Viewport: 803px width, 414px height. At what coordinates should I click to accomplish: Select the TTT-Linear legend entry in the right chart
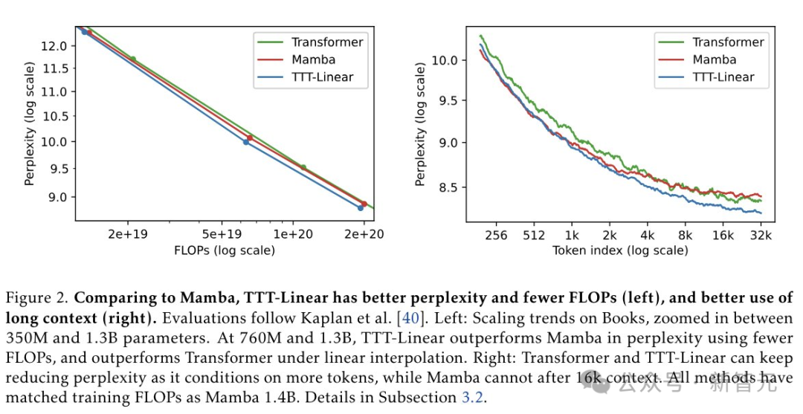(x=723, y=77)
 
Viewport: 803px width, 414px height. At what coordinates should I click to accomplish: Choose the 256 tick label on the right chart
(x=495, y=235)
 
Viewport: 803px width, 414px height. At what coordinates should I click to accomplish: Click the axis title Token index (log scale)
(x=620, y=250)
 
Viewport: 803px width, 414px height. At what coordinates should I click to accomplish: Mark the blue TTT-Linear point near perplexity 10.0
(x=246, y=141)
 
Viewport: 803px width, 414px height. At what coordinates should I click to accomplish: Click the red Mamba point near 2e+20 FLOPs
(x=364, y=204)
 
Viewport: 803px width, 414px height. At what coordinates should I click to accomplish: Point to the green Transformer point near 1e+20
(x=303, y=167)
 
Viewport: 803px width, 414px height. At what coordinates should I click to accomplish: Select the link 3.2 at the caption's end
(x=472, y=398)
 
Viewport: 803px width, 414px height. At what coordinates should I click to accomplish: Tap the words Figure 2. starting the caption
(x=37, y=299)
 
